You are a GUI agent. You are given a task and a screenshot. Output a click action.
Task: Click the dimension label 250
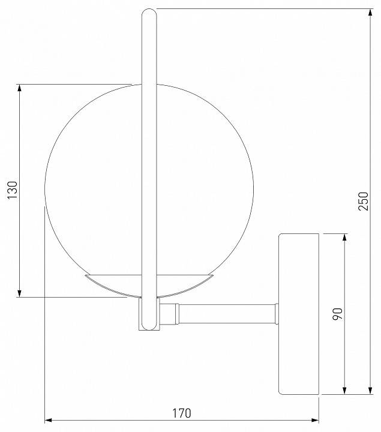pos(362,201)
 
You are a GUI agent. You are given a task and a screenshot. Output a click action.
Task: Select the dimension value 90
pos(337,313)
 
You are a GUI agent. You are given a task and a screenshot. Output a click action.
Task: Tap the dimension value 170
pos(181,413)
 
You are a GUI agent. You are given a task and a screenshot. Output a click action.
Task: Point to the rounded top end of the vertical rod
pos(148,11)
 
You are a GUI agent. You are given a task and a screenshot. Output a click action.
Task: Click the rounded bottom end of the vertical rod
pos(148,327)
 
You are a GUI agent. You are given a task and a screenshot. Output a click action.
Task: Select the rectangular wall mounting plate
pos(299,313)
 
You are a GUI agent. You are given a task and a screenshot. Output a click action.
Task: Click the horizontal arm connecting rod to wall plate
pos(228,313)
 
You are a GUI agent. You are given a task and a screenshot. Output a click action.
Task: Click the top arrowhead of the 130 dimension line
pos(20,88)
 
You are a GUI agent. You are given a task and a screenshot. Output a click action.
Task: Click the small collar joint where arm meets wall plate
pos(277,313)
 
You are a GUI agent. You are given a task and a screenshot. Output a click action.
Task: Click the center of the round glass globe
pos(149,190)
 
